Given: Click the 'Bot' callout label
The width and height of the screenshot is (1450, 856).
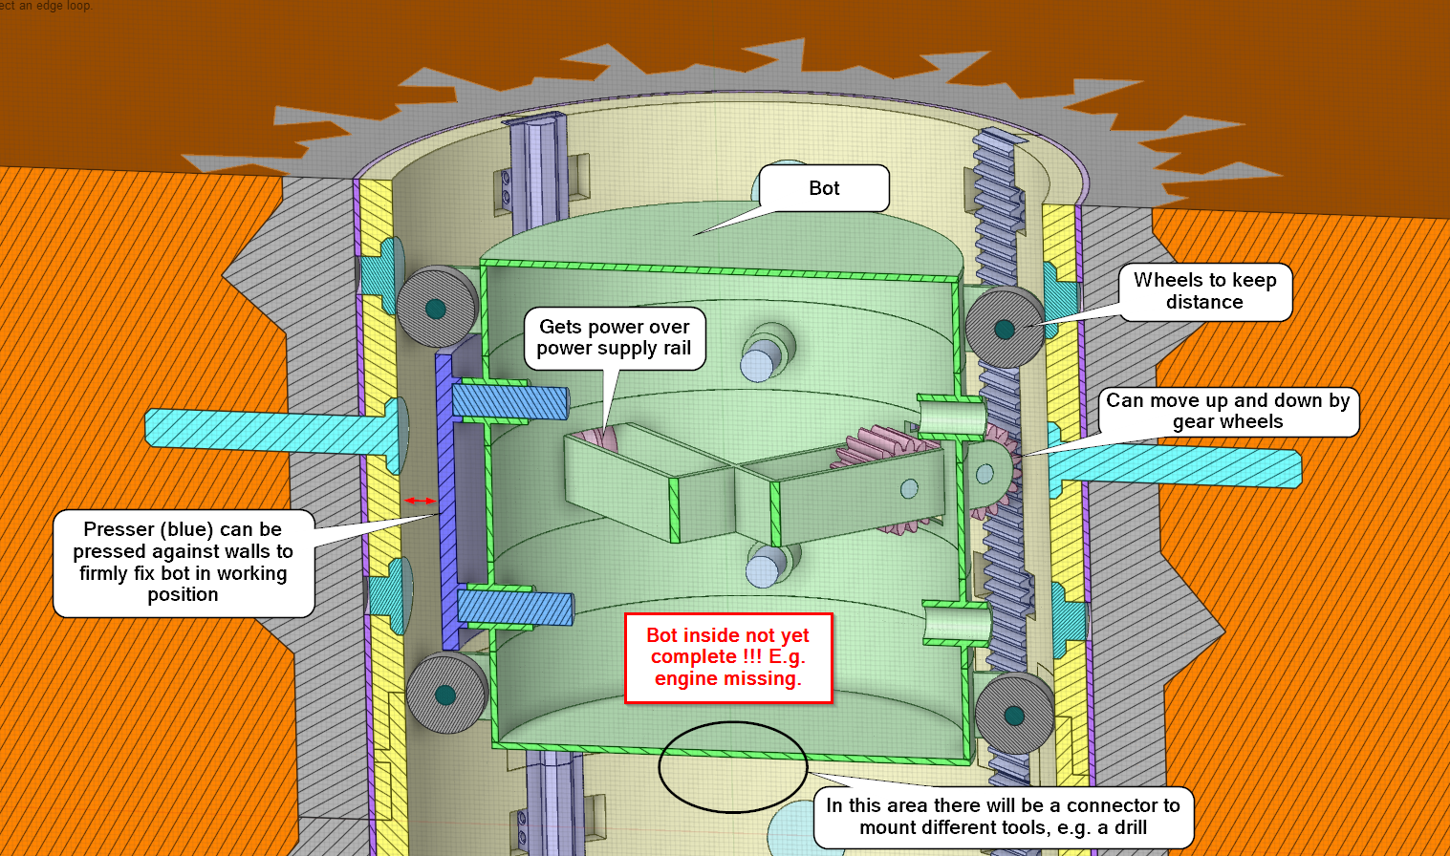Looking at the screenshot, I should coord(824,188).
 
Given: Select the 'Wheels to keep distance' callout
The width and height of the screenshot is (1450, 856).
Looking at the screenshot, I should coord(1204,291).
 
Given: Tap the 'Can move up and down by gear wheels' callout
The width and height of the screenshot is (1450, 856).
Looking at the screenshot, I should coord(1227,411).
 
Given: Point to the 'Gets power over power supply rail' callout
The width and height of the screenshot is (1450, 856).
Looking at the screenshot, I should coord(614,337).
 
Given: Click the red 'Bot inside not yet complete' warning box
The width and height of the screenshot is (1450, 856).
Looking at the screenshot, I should coord(727,657).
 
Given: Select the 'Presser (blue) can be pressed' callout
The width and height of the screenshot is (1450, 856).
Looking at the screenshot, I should coord(184,562).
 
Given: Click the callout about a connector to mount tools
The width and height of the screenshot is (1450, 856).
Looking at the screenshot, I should coord(1003,817).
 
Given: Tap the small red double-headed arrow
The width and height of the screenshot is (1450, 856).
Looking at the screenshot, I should coord(421,501).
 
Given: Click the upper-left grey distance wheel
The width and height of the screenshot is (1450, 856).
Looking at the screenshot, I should coord(437,307).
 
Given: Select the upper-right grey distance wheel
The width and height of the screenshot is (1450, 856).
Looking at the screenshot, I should coord(1004,328).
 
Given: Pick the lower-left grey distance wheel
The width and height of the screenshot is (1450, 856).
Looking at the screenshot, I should coord(445,694).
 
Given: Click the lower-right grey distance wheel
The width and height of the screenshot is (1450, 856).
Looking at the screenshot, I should coord(1013,714).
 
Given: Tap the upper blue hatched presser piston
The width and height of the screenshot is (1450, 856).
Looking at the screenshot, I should coord(510,400).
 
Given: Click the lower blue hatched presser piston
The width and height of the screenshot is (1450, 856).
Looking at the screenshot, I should coord(515,608).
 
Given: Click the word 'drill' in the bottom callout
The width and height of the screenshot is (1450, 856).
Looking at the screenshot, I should coord(1131,828).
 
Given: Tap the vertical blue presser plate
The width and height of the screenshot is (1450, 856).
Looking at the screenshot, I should coord(446,497).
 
